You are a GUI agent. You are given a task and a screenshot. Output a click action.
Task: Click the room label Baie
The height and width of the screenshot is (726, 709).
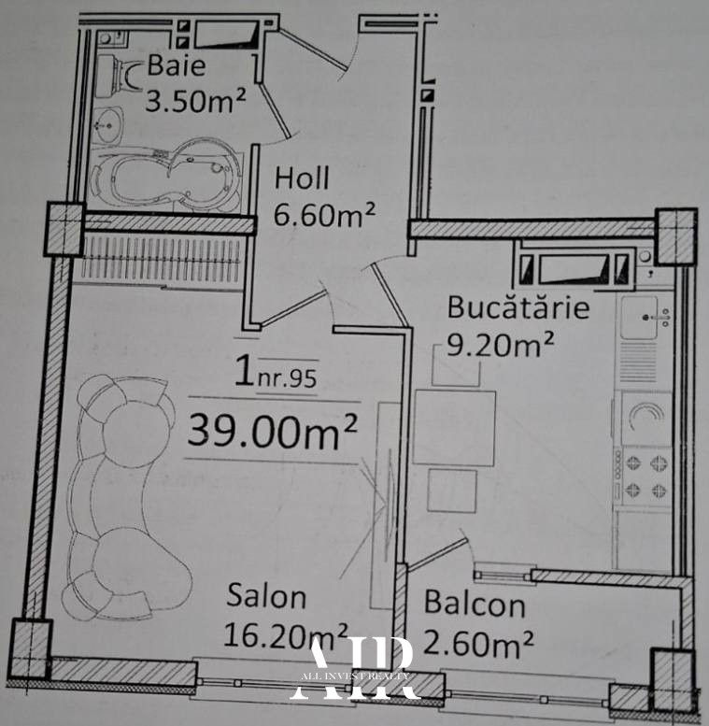click(177, 65)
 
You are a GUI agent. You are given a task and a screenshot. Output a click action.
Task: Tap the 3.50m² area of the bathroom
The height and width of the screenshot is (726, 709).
click(195, 101)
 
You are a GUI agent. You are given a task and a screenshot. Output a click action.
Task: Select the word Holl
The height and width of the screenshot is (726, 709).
click(302, 178)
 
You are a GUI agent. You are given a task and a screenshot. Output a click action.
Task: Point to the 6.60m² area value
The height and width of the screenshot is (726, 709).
click(324, 214)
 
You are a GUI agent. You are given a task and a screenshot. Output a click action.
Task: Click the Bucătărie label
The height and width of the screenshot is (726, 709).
click(518, 307)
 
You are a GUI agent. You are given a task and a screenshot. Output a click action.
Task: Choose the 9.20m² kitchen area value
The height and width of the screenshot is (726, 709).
click(500, 344)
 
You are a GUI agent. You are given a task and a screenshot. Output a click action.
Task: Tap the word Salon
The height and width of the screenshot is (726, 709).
click(266, 596)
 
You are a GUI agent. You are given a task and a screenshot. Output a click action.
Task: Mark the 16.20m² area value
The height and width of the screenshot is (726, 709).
click(286, 634)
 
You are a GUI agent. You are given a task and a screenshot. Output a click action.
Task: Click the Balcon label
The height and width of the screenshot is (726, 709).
click(475, 604)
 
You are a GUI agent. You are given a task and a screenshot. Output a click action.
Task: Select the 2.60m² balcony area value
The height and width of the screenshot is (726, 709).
click(478, 643)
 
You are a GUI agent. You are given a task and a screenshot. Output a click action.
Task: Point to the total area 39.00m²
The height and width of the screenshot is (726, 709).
click(272, 431)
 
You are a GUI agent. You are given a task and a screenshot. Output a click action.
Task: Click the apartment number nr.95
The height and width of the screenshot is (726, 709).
click(287, 378)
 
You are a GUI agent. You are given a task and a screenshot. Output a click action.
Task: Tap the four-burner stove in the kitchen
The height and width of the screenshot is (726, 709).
click(646, 476)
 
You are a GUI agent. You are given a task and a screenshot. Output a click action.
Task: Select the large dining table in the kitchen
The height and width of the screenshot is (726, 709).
click(455, 428)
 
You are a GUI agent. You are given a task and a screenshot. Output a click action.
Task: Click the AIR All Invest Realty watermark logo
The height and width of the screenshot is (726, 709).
click(355, 669)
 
